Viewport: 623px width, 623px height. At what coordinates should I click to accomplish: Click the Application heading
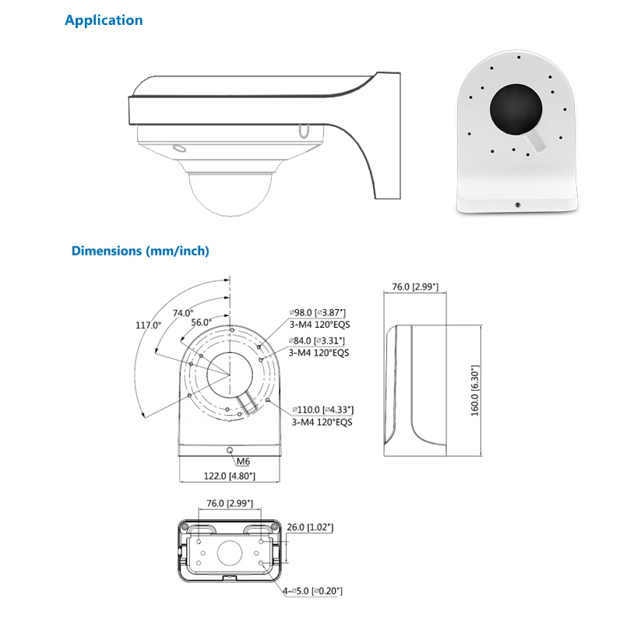pos(104,20)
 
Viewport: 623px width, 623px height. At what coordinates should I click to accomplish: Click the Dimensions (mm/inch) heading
pos(140,251)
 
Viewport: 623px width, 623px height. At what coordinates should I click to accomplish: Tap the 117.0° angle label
pos(148,325)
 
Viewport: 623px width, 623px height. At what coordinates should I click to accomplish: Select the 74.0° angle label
pos(183,313)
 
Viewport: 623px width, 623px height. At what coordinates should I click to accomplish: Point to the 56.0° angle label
pos(201,322)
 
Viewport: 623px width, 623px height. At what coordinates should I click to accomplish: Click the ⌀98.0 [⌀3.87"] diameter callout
pos(317,312)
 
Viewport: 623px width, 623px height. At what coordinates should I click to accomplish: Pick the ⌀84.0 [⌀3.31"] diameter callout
pos(317,340)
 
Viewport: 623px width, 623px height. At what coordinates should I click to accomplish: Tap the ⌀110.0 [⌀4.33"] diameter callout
pos(323,410)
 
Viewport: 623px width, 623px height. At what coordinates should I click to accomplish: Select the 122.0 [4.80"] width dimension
pos(229,476)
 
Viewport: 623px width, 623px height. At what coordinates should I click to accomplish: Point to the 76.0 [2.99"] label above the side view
pos(415,287)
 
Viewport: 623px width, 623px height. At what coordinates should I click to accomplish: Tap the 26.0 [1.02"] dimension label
pos(310,527)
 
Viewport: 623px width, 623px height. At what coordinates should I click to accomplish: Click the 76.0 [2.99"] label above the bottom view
pos(230,504)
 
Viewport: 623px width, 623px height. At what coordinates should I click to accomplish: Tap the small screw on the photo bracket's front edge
pos(517,205)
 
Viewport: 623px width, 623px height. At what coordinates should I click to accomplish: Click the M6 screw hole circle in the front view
pos(229,450)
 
